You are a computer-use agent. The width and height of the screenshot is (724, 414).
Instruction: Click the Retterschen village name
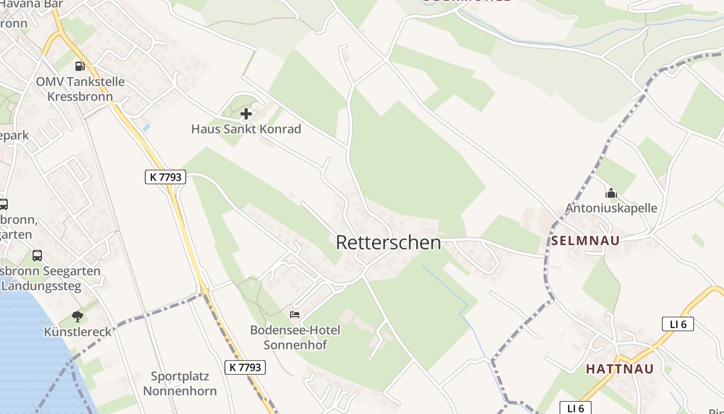pyautogui.click(x=388, y=242)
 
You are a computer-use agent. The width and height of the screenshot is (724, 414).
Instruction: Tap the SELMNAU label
pyautogui.click(x=585, y=241)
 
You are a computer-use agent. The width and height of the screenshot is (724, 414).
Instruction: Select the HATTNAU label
pyautogui.click(x=620, y=369)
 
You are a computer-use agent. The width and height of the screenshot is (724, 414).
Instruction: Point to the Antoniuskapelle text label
pyautogui.click(x=611, y=208)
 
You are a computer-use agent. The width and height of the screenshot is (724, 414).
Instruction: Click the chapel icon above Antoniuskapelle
pyautogui.click(x=611, y=194)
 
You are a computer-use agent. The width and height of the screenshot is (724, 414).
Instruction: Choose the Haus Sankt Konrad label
pyautogui.click(x=246, y=129)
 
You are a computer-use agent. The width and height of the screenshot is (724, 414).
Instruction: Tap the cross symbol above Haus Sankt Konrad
pyautogui.click(x=246, y=114)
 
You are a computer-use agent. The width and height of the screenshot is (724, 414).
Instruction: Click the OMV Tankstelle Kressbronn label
pyautogui.click(x=80, y=89)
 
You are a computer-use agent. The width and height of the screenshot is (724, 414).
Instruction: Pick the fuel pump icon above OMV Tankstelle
pyautogui.click(x=80, y=66)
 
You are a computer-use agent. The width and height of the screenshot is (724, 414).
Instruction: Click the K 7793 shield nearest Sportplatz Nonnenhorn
pyautogui.click(x=246, y=367)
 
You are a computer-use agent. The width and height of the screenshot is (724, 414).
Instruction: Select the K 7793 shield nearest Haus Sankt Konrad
pyautogui.click(x=165, y=177)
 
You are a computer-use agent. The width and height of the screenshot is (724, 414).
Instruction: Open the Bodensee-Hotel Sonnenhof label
pyautogui.click(x=295, y=337)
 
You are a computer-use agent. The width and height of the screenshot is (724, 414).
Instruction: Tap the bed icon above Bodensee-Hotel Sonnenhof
pyautogui.click(x=295, y=314)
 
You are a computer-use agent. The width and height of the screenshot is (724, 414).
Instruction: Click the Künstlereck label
pyautogui.click(x=78, y=332)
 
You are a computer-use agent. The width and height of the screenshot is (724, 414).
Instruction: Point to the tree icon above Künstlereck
pyautogui.click(x=78, y=316)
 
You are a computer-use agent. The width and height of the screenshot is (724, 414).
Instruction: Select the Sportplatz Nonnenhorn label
pyautogui.click(x=179, y=383)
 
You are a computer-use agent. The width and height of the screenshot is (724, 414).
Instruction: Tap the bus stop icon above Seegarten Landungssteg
pyautogui.click(x=37, y=255)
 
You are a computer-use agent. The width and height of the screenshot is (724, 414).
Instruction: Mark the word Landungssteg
pyautogui.click(x=44, y=286)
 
